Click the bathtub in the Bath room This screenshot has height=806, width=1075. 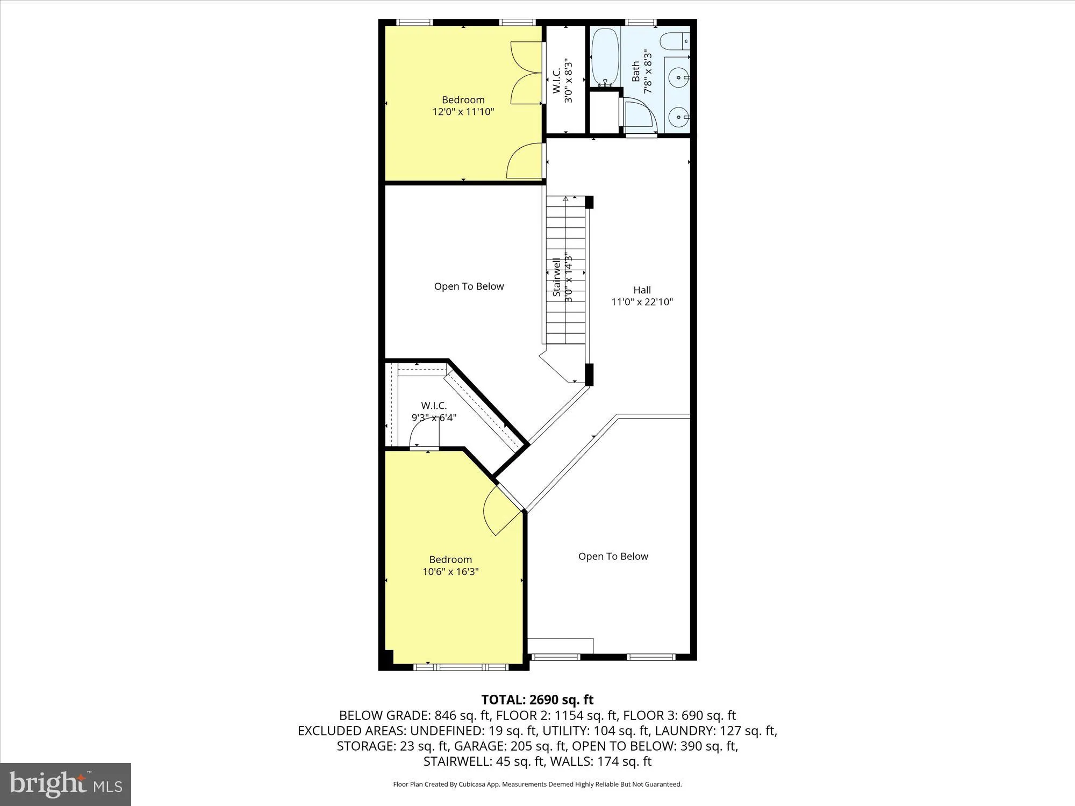[x=605, y=56]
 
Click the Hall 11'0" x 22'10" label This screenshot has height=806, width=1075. [x=642, y=296]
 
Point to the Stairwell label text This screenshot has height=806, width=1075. [x=557, y=277]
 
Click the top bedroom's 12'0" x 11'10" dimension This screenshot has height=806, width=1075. [x=463, y=112]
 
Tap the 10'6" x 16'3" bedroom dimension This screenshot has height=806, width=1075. [x=450, y=572]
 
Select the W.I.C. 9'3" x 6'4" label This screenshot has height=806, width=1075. [x=434, y=411]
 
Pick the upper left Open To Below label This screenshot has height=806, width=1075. [x=469, y=286]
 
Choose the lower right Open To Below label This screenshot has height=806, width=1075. [x=613, y=556]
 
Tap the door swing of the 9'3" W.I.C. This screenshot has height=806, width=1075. [x=425, y=433]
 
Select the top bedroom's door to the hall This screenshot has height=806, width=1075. [x=526, y=161]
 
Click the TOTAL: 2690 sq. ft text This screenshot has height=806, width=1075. [x=537, y=700]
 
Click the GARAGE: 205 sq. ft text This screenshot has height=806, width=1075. [x=510, y=746]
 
